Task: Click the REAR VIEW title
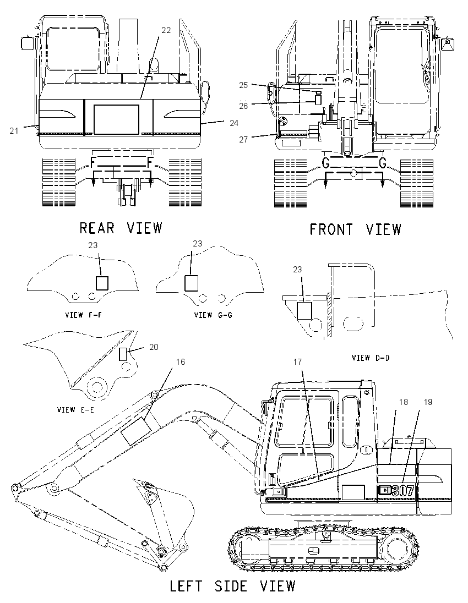pos(121,228)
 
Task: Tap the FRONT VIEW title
pos(355,229)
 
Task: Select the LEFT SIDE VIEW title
pos(232,586)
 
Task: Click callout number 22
pos(166,30)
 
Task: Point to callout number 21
pos(14,131)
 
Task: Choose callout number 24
pos(234,123)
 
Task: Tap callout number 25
pos(243,85)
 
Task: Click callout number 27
pos(243,140)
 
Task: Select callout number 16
pos(181,362)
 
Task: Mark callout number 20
pos(154,347)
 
